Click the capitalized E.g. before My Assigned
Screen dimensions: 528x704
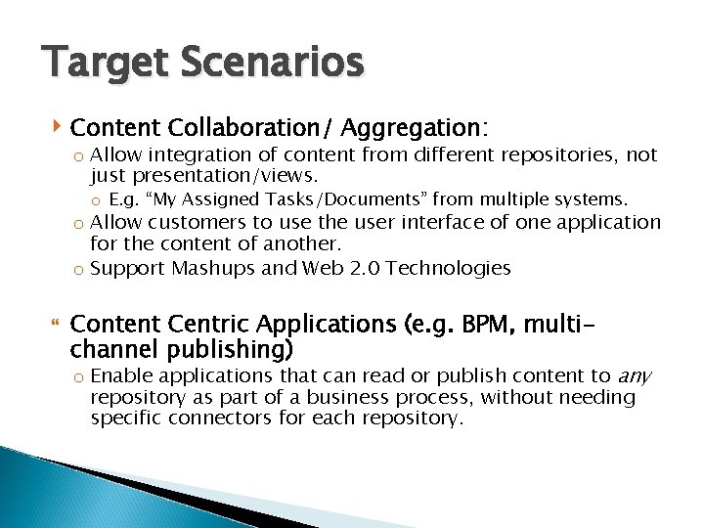click(124, 199)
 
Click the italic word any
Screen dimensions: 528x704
click(635, 375)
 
